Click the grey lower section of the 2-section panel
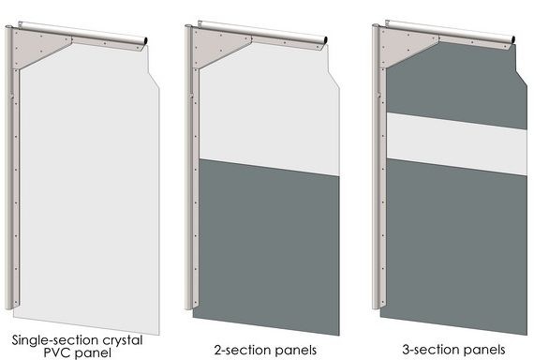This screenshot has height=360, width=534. (267, 244)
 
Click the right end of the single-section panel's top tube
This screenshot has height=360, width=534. (144, 37)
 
